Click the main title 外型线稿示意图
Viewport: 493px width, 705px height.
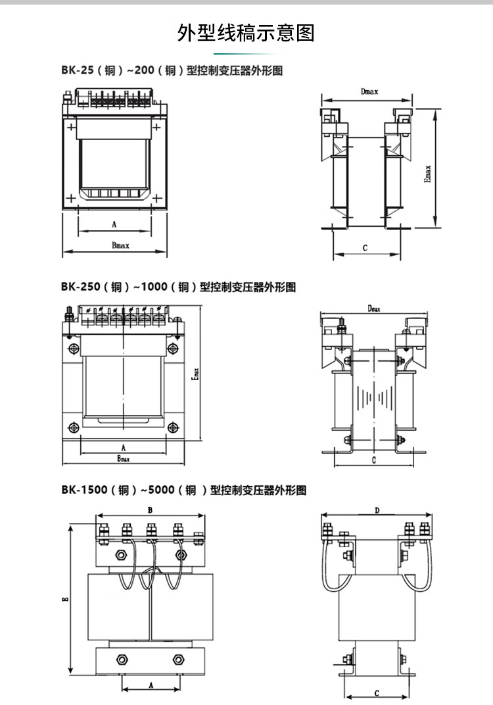tap(246, 32)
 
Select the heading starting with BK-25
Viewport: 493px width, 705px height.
tap(172, 70)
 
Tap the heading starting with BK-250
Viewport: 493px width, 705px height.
tap(178, 287)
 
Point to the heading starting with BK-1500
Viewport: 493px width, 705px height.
tap(183, 490)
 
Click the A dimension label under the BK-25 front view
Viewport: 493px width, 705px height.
tap(114, 224)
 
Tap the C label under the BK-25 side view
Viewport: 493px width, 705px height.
tap(364, 247)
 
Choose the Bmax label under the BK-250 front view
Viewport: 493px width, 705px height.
tap(123, 458)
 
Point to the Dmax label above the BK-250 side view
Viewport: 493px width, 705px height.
tap(374, 308)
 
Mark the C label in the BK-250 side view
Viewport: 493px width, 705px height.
tap(373, 460)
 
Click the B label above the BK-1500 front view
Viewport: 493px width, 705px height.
tap(150, 510)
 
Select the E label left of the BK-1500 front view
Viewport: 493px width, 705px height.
tap(65, 598)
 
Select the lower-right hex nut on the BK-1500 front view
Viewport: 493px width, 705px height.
tap(178, 659)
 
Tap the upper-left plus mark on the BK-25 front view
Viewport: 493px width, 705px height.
tap(70, 125)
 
